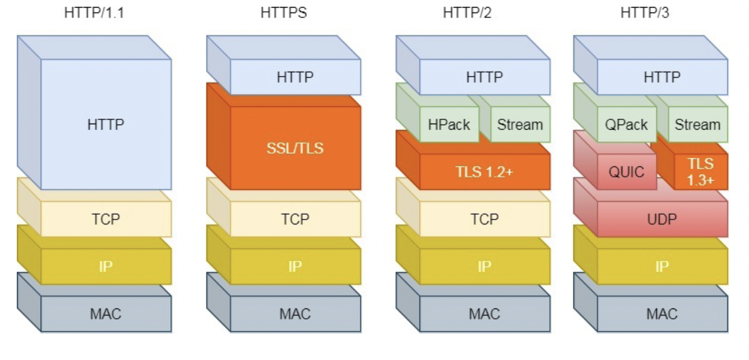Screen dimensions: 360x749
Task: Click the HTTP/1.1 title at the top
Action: (x=94, y=12)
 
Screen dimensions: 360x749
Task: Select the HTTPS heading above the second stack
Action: (x=283, y=12)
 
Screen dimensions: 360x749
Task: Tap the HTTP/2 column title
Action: (x=467, y=12)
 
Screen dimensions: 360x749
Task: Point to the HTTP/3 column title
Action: (x=645, y=12)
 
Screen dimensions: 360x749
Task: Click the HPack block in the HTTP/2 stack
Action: (x=449, y=125)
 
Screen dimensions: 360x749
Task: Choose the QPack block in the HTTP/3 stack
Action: (x=627, y=125)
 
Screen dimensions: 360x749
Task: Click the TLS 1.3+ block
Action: (x=701, y=172)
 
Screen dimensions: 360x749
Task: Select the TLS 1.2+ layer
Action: (x=485, y=172)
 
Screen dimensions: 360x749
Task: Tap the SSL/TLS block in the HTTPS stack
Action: (x=295, y=147)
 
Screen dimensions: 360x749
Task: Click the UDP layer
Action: (x=662, y=219)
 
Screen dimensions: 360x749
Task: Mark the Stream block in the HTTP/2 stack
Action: (x=520, y=125)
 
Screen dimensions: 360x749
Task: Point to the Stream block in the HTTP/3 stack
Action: (x=698, y=125)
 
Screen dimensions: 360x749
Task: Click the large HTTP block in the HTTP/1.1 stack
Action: (x=106, y=124)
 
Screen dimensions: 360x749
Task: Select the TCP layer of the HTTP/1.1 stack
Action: (x=106, y=219)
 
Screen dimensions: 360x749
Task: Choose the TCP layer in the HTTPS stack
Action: (x=295, y=219)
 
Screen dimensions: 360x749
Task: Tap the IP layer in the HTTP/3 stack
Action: (x=662, y=266)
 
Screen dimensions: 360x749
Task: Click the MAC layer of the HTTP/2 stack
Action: (x=485, y=313)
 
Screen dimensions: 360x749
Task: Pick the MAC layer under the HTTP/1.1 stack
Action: (x=106, y=313)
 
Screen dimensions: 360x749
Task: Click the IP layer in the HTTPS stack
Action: (x=295, y=266)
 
